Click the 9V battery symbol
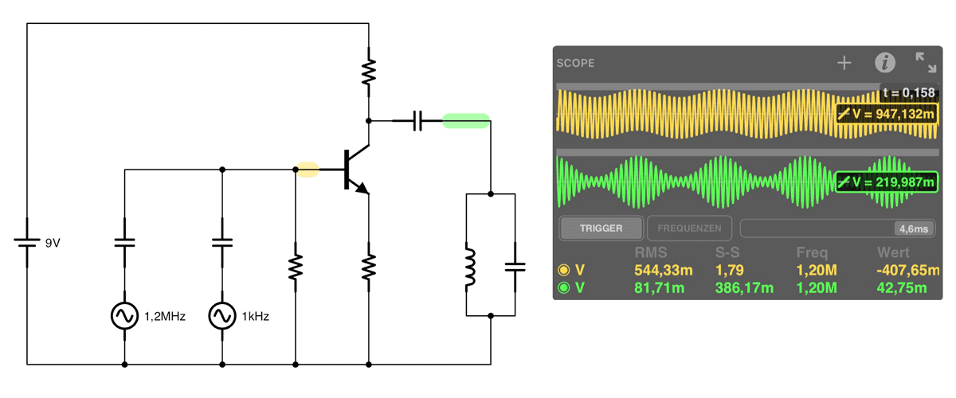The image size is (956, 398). point(27,242)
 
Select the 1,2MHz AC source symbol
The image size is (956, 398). point(124,316)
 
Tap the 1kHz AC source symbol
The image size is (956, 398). point(222,316)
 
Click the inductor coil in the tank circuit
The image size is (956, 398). point(469,267)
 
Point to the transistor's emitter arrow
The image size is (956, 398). point(362,188)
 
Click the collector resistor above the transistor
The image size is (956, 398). point(369,72)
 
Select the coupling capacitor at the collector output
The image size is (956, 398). point(417,121)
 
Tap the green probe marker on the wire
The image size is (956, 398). point(465,121)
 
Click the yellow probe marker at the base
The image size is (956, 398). point(308,170)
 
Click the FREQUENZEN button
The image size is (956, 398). point(689,228)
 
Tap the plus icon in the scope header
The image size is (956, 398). point(844,63)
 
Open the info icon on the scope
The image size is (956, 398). point(885,63)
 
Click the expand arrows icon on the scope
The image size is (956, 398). point(926,62)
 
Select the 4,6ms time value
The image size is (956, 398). point(914,229)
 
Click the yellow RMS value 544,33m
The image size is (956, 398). point(663,270)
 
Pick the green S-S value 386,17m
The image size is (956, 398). point(744,288)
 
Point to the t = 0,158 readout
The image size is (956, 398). point(909,92)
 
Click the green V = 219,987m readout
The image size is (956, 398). point(887,182)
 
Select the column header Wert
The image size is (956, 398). point(893,252)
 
